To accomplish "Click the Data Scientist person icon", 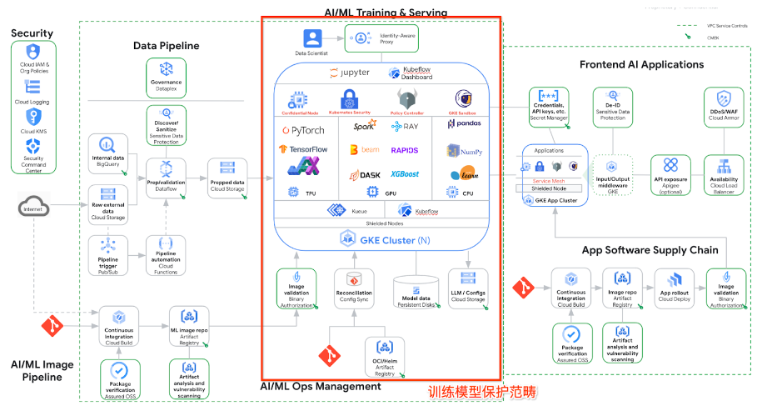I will click(x=312, y=38).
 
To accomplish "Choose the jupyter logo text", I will click(x=350, y=73).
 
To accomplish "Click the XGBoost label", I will click(x=404, y=173).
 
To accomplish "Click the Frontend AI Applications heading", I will click(x=641, y=64).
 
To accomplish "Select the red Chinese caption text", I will click(x=482, y=391).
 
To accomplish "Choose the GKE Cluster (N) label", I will click(x=384, y=238).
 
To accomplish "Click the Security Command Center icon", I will click(x=33, y=147).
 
